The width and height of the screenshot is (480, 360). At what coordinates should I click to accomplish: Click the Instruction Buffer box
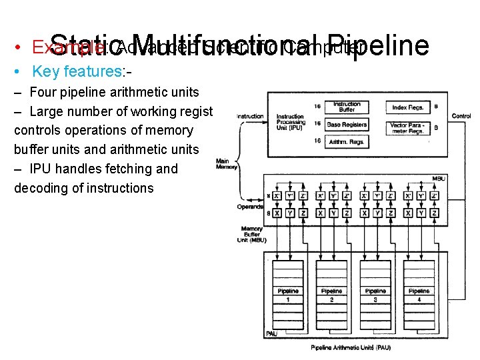(x=347, y=106)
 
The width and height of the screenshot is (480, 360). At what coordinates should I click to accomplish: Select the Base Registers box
(x=347, y=124)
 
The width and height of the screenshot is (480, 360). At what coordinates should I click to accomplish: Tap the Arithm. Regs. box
(x=347, y=141)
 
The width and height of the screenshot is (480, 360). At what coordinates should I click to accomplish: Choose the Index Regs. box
(x=407, y=107)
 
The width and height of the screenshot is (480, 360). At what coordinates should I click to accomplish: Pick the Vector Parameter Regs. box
(x=407, y=127)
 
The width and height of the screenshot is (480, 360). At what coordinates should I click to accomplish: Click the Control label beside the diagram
(x=461, y=116)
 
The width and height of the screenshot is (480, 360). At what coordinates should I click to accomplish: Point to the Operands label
(x=250, y=207)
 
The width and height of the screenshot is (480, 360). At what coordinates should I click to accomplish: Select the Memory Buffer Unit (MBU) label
(x=252, y=234)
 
